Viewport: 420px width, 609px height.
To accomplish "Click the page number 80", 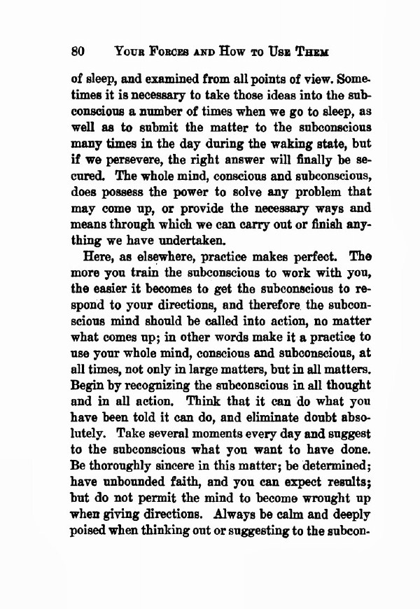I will click(x=78, y=51).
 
